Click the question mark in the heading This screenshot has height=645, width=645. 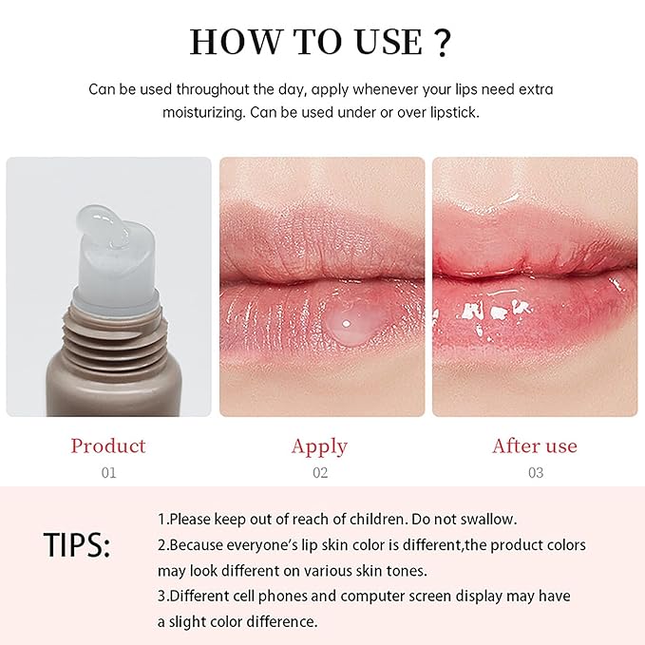coord(441,43)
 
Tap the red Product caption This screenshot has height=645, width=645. coord(108,446)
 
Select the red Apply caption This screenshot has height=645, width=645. coord(319,446)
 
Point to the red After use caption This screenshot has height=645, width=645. coord(534,446)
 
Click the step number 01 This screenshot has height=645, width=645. coord(108,472)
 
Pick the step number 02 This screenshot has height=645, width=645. coord(320,472)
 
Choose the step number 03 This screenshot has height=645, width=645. coord(534,472)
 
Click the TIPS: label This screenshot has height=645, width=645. coord(77,545)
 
